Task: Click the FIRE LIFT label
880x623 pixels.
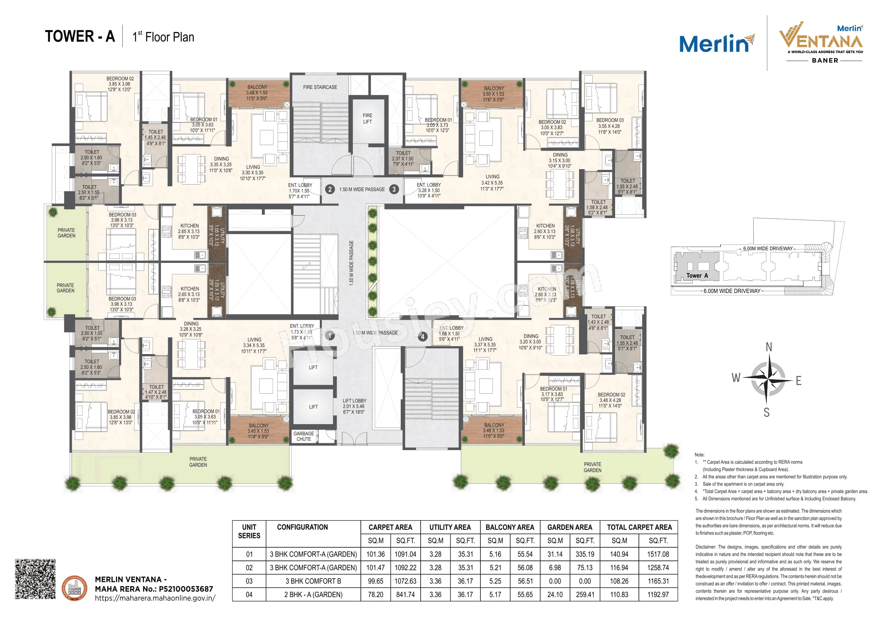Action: [367, 119]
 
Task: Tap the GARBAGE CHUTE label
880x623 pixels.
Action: [304, 436]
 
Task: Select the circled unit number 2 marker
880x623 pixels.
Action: [330, 189]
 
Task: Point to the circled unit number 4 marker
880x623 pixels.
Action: [423, 336]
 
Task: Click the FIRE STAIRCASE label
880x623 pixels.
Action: [320, 87]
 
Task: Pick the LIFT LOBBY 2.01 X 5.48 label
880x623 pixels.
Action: [354, 406]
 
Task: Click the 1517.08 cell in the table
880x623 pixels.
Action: [658, 554]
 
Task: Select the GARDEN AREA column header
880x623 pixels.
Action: [570, 527]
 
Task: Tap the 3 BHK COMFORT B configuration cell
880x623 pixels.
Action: [313, 581]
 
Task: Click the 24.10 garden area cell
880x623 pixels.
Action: [555, 595]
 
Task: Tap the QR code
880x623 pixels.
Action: [35, 579]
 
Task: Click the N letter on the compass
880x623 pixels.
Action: [769, 347]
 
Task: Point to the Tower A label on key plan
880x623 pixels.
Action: [697, 275]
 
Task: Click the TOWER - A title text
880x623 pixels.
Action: [80, 37]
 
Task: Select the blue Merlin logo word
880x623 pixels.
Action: [714, 44]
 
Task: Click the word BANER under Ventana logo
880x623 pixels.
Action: [825, 61]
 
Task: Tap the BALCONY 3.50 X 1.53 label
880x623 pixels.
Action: [494, 94]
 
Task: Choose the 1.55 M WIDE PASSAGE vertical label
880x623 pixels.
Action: [351, 263]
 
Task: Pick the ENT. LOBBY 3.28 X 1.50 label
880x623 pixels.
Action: [429, 190]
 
